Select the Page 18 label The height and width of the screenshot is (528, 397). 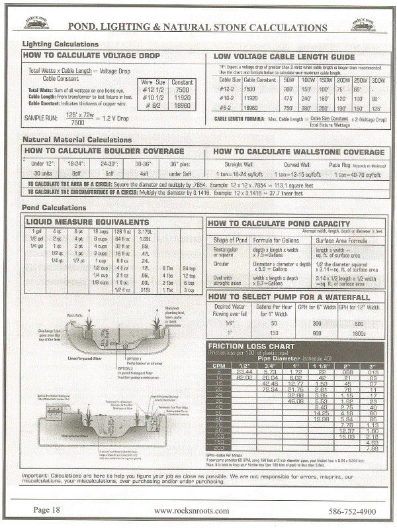click(50, 511)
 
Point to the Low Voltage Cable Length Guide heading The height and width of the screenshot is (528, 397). click(285, 57)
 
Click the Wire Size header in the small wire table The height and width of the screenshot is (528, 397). click(153, 81)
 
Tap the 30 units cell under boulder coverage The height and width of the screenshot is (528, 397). click(42, 173)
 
